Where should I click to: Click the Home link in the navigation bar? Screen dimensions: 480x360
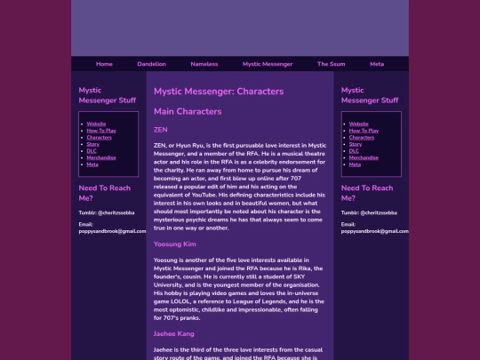104,64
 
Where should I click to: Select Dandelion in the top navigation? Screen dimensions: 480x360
151,64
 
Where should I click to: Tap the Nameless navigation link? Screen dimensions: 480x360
204,64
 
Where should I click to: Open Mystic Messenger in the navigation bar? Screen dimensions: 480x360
268,64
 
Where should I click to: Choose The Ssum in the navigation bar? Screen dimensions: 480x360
331,64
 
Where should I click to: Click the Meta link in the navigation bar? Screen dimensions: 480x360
377,64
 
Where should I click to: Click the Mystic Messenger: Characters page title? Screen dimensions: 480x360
219,91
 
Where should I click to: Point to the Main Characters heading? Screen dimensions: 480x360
188,111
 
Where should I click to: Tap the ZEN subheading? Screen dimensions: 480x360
161,130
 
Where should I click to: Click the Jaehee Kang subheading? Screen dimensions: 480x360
174,334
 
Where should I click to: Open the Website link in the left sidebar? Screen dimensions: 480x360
96,124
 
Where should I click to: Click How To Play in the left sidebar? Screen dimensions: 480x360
101,131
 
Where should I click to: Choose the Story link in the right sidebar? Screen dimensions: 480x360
356,144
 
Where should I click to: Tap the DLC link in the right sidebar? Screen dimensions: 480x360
355,151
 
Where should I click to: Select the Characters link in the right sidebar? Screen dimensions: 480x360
362,138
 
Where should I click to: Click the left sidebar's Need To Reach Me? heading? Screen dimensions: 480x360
105,193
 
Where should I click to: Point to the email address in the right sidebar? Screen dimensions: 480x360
374,231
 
